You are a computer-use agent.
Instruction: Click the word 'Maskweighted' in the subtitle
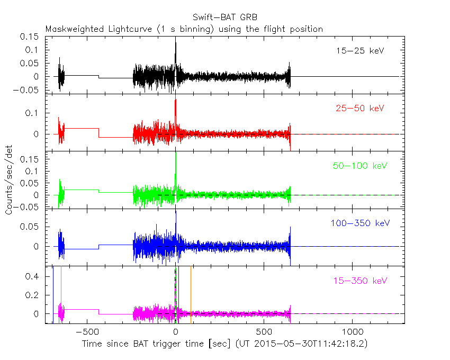click(71, 29)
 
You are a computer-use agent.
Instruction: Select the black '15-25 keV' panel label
click(359, 51)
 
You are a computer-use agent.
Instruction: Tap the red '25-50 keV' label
click(359, 109)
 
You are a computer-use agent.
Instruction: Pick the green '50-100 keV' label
click(358, 166)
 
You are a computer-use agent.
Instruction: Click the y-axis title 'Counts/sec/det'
click(9, 180)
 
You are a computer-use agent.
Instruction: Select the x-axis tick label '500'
click(264, 332)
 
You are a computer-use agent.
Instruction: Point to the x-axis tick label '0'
click(176, 332)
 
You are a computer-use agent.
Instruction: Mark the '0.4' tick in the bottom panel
click(35, 276)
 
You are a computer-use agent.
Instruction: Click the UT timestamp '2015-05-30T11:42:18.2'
click(317, 344)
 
